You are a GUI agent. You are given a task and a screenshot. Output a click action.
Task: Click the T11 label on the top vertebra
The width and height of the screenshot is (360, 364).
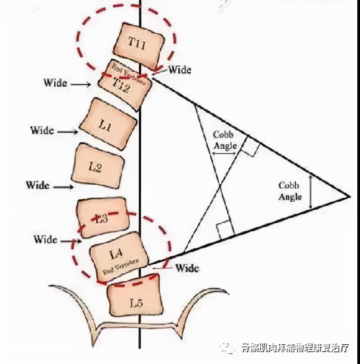pyautogui.click(x=137, y=43)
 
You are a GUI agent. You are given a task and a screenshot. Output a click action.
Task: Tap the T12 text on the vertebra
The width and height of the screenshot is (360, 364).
pyautogui.click(x=121, y=85)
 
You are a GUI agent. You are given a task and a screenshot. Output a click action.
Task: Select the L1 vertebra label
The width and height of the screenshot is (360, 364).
pyautogui.click(x=106, y=126)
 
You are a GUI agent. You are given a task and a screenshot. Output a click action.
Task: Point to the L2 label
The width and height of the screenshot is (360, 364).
pyautogui.click(x=95, y=167)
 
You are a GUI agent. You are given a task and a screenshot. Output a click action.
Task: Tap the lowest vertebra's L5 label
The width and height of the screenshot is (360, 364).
pyautogui.click(x=135, y=303)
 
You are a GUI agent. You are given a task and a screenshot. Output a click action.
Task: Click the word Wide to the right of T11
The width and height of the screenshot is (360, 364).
pyautogui.click(x=180, y=70)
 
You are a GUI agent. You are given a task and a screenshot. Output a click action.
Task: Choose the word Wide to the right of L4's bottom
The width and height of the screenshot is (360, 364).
pyautogui.click(x=187, y=268)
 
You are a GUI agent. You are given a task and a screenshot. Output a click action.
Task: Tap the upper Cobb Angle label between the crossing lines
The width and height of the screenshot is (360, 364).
pyautogui.click(x=224, y=139)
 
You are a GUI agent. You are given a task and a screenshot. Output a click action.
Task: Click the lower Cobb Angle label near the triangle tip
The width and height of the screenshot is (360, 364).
pyautogui.click(x=290, y=191)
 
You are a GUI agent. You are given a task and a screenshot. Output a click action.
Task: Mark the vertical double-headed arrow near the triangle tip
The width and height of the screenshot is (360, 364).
pyautogui.click(x=310, y=192)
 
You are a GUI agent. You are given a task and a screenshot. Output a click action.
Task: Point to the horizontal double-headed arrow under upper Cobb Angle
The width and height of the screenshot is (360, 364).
pyautogui.click(x=224, y=153)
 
